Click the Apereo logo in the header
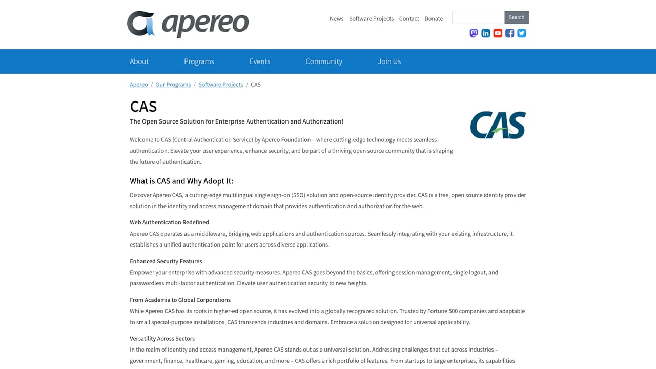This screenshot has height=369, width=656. pos(188,24)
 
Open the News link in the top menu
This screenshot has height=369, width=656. pos(336,19)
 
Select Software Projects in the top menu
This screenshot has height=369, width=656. pos(371,19)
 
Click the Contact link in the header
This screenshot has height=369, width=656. pos(409,19)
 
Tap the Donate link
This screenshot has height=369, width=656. pos(434,19)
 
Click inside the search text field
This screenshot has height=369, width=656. pos(478,17)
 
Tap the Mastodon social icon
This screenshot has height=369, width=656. pos(474,33)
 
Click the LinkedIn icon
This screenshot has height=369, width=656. pos(486,33)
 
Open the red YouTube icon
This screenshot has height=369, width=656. pos(498,33)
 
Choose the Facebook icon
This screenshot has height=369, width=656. pos(509,33)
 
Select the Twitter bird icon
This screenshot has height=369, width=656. pos(522,33)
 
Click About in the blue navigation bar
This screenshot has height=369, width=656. pos(139,61)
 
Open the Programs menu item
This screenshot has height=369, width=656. pos(199,61)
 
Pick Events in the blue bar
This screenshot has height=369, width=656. pos(260,61)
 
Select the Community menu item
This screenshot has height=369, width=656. pos(324,61)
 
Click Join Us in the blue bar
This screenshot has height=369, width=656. pos(389,61)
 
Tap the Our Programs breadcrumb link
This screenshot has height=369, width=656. pos(173,85)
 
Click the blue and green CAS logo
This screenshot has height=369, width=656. pos(498,125)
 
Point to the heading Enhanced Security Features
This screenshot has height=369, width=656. pos(166,261)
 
